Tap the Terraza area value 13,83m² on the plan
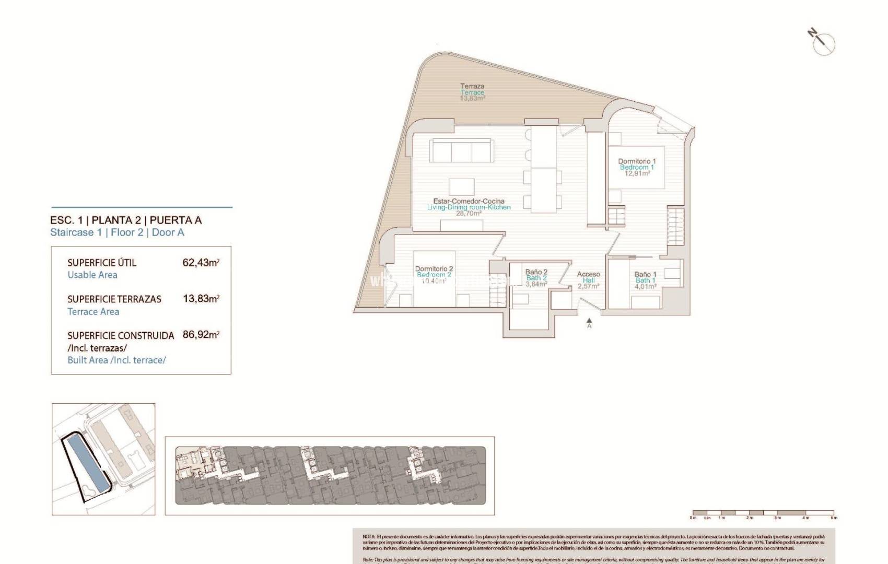[472, 98]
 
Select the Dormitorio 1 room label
[637, 161]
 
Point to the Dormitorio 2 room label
[434, 269]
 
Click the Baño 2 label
[536, 272]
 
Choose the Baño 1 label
[645, 274]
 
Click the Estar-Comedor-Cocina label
[469, 201]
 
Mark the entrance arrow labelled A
[589, 322]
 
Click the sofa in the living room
[461, 151]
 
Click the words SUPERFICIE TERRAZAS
[114, 299]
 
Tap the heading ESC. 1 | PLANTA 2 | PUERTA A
[126, 220]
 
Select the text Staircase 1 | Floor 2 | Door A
[117, 232]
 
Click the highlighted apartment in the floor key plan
[188, 462]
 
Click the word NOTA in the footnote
[369, 536]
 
